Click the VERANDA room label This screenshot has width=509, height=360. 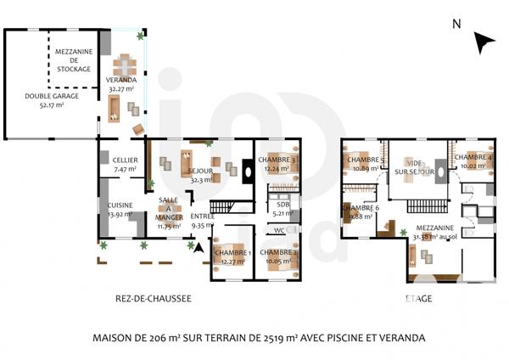point(122,82)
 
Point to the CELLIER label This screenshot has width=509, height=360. point(114,164)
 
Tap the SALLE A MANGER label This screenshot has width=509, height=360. point(169,212)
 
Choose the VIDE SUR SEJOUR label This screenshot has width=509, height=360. point(414,167)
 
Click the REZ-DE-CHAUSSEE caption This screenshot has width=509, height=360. point(153,298)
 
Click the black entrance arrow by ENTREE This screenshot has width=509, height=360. point(199,248)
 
